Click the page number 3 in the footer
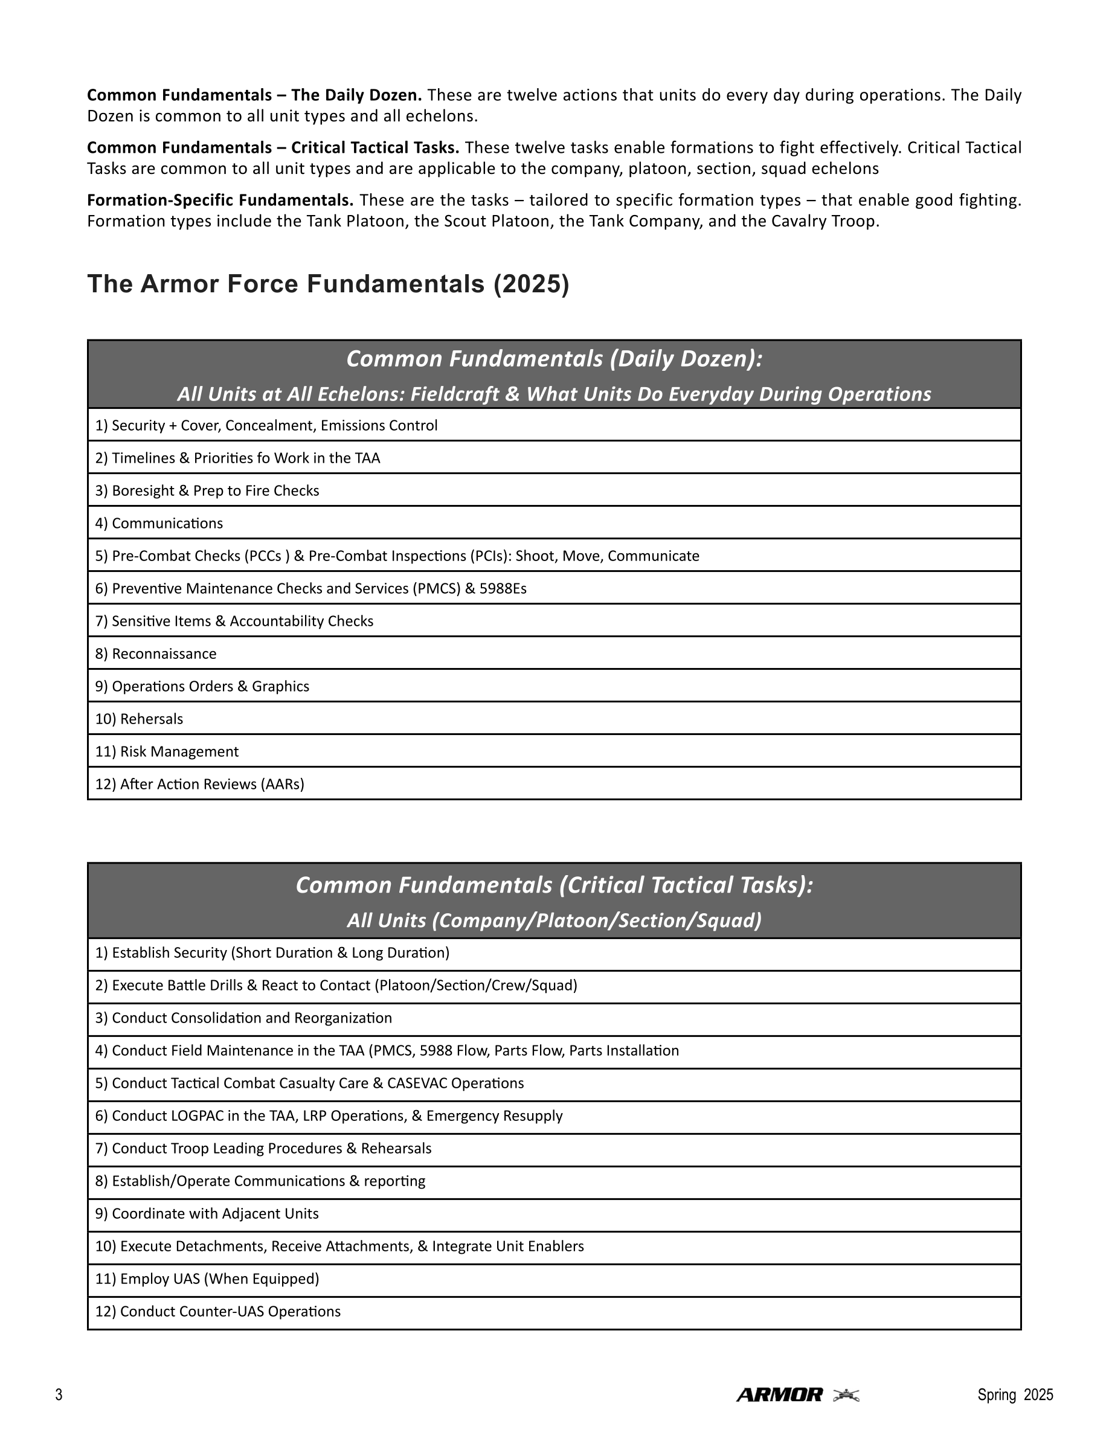(59, 1395)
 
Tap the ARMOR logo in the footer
(779, 1395)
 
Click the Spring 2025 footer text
(1015, 1395)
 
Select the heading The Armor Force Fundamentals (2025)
(328, 284)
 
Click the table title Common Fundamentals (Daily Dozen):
(554, 359)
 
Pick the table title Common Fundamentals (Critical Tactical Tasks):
(554, 885)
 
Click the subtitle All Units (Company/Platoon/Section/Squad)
(554, 920)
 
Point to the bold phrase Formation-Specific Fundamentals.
(220, 200)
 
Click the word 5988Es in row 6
(503, 589)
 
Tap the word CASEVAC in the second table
(415, 1083)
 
